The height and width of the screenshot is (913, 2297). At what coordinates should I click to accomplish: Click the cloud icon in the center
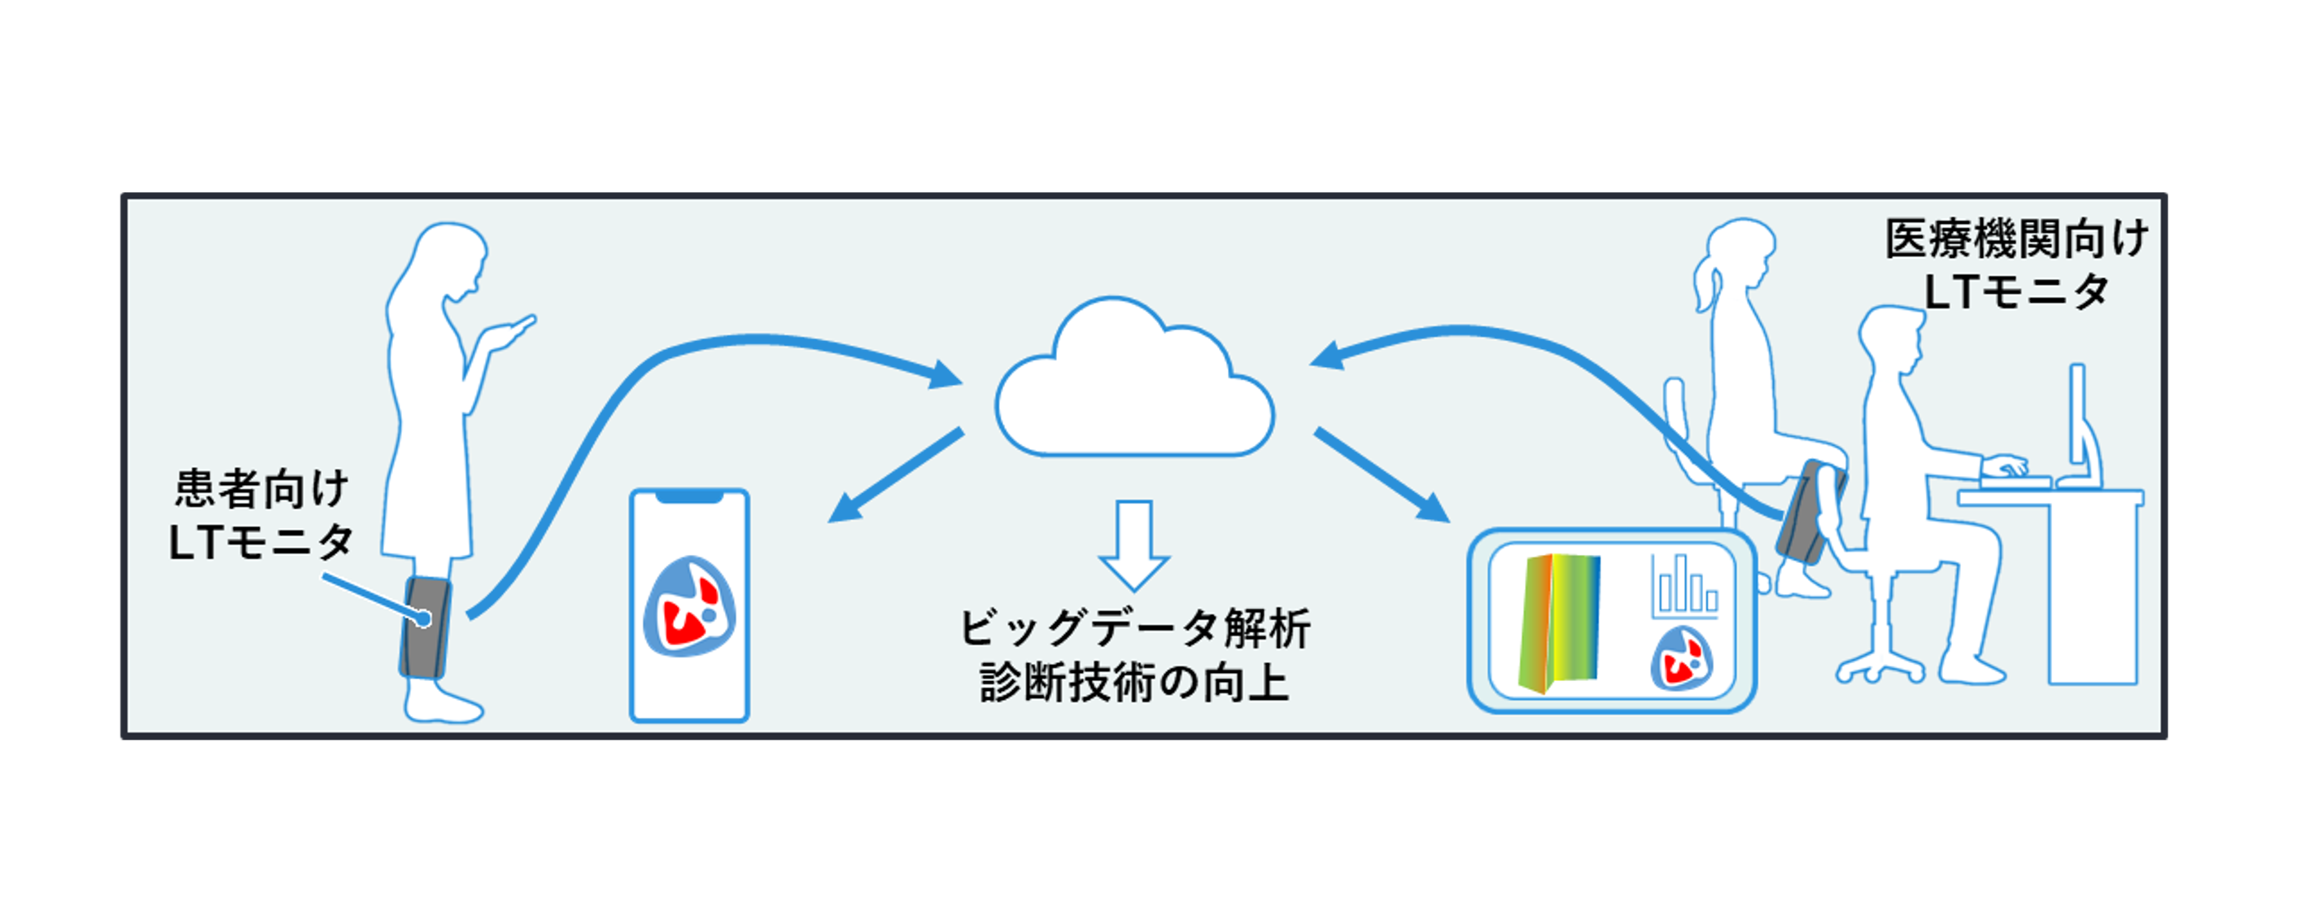coord(1134,392)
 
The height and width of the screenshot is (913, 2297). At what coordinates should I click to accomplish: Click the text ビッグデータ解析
coord(1134,628)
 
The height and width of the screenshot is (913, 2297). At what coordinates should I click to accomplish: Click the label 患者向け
coord(261,488)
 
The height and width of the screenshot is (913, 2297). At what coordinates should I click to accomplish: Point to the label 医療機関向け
coord(2016,239)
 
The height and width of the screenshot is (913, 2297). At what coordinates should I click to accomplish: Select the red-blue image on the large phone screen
coord(688,606)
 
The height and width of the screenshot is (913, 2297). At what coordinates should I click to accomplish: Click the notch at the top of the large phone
coord(688,496)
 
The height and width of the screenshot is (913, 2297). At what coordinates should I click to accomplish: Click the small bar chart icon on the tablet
coord(1683,588)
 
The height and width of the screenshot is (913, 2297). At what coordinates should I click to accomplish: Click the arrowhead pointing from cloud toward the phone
coord(844,511)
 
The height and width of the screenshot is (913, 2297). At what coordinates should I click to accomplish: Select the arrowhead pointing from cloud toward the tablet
coord(1432,509)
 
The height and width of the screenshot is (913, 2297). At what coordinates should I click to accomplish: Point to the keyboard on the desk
coord(2015,483)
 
